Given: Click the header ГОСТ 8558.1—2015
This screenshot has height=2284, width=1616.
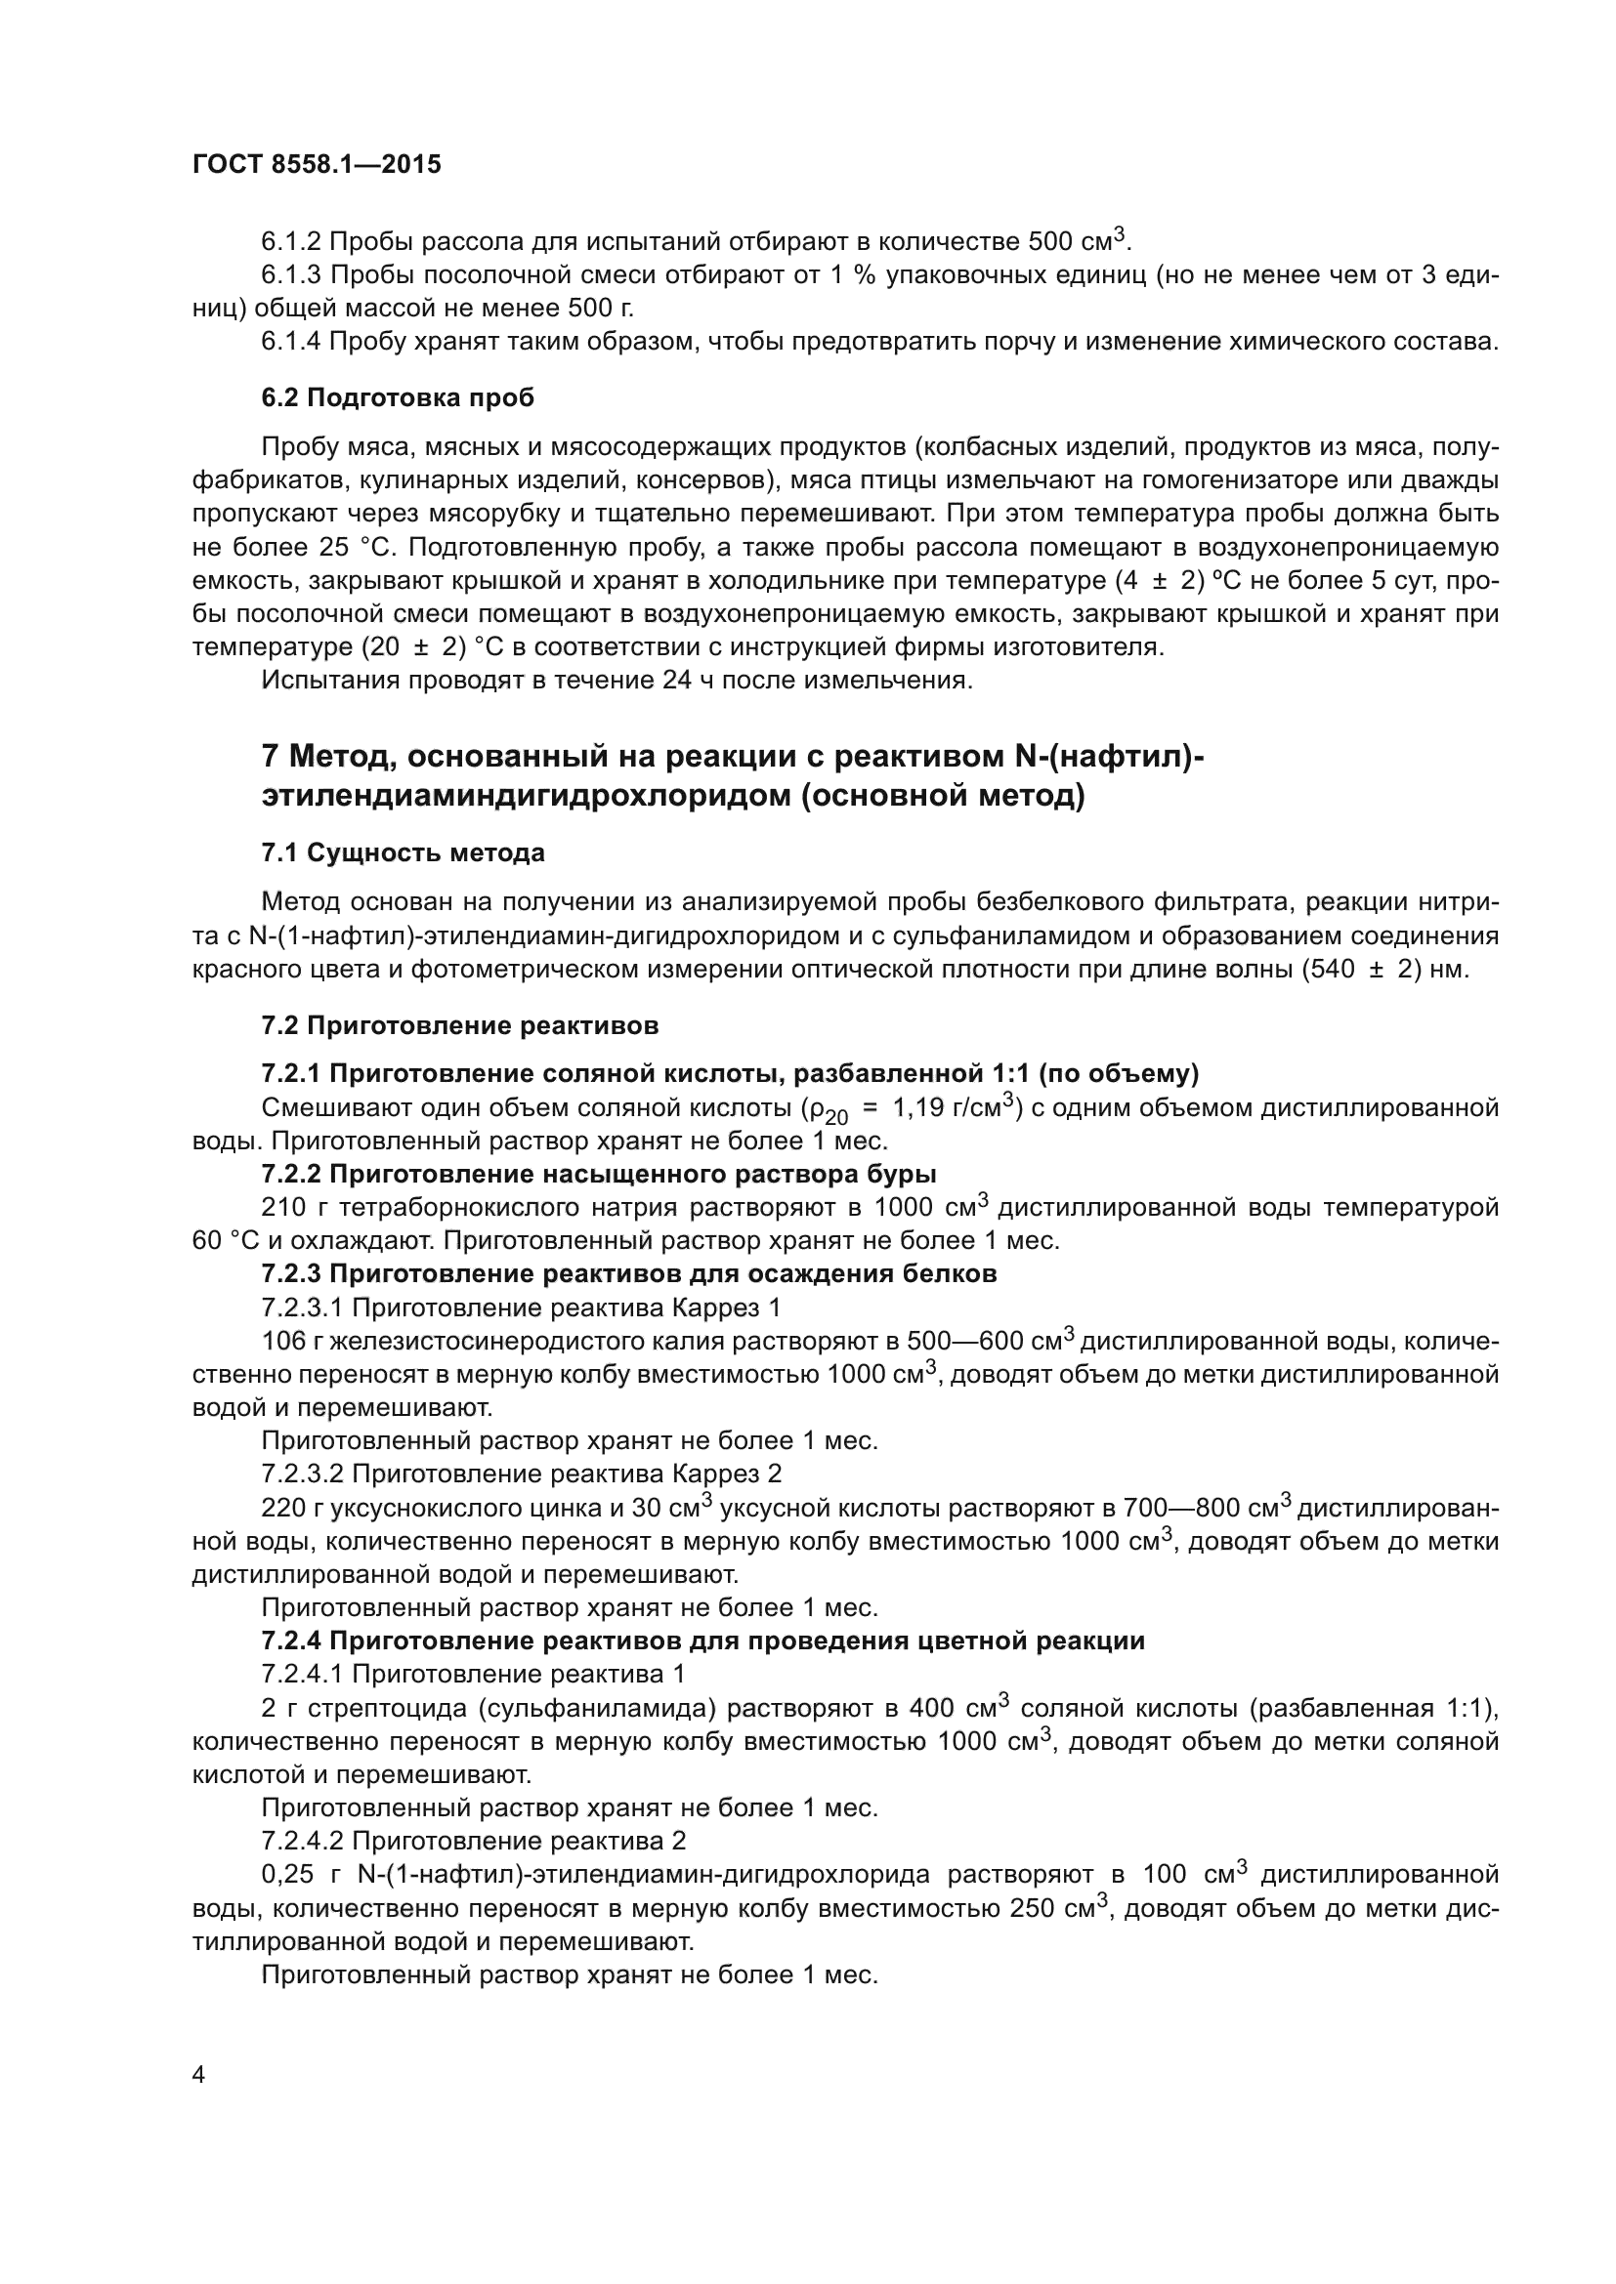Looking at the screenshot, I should (x=317, y=164).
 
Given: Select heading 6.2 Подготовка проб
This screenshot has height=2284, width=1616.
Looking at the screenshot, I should (x=397, y=397).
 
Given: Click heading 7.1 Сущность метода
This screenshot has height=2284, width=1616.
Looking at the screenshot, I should (x=403, y=852).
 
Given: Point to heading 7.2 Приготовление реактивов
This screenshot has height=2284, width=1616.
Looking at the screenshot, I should (x=460, y=1024).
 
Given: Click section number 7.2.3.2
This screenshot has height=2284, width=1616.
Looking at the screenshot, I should (x=303, y=1474).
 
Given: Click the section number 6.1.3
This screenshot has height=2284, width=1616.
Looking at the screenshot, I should (x=290, y=274).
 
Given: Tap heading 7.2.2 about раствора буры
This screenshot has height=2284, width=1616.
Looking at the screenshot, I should (x=598, y=1174).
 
